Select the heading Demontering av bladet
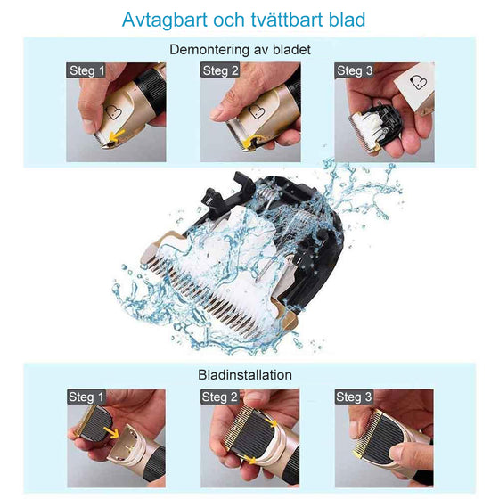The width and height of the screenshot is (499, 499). (240, 51)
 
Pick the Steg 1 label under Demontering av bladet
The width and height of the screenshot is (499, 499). (86, 70)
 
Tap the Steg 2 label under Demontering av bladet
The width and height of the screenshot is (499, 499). (220, 70)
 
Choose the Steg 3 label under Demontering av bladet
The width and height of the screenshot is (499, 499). (354, 70)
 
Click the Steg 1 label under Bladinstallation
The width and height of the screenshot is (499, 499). (86, 397)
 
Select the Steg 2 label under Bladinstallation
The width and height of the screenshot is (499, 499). (220, 397)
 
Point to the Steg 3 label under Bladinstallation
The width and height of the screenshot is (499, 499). (354, 397)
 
